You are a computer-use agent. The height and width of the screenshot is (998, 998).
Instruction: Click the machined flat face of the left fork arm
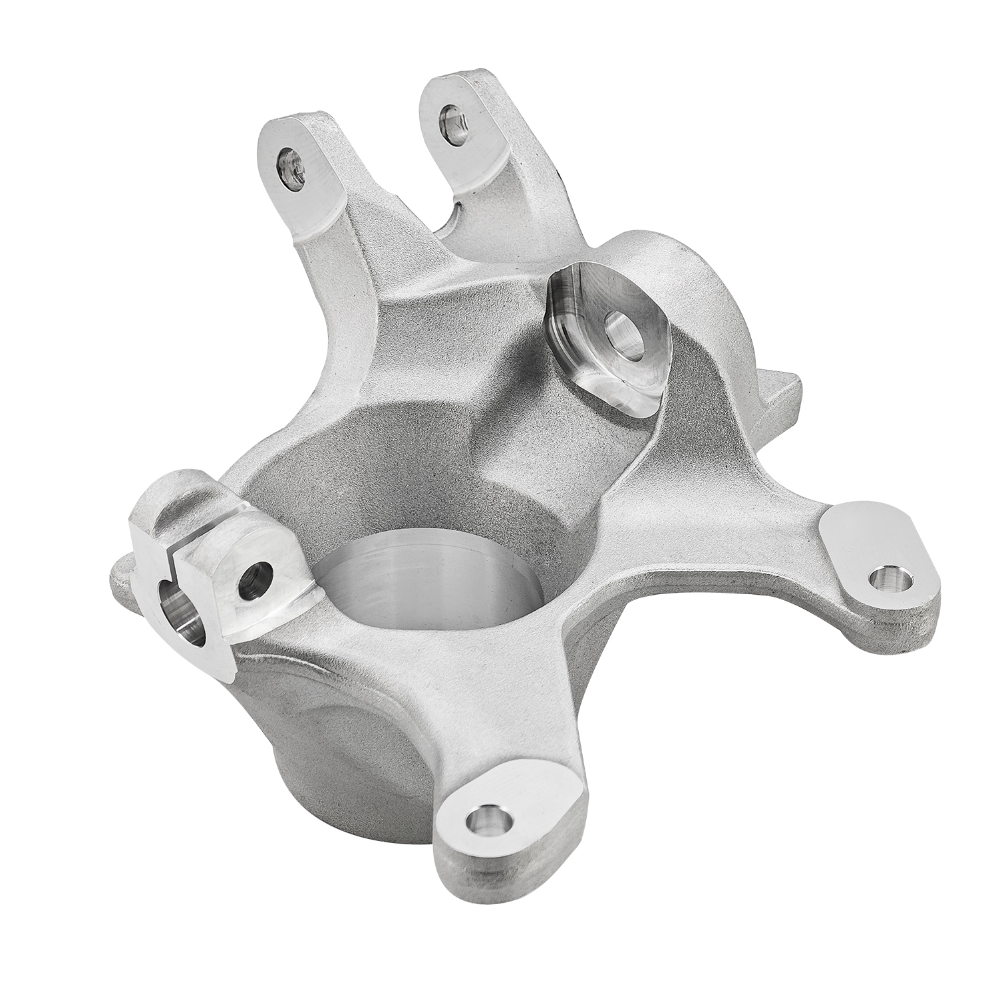click(306, 180)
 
